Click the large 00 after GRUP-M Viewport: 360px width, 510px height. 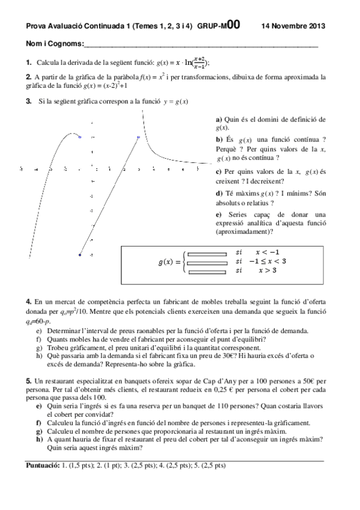234,25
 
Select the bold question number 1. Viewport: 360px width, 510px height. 29,62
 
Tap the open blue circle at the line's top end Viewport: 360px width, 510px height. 138,138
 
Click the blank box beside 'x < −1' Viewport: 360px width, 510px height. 207,254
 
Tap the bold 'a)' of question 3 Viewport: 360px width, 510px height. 219,119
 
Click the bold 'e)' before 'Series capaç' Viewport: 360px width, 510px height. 219,215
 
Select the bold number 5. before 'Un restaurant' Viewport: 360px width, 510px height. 29,381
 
